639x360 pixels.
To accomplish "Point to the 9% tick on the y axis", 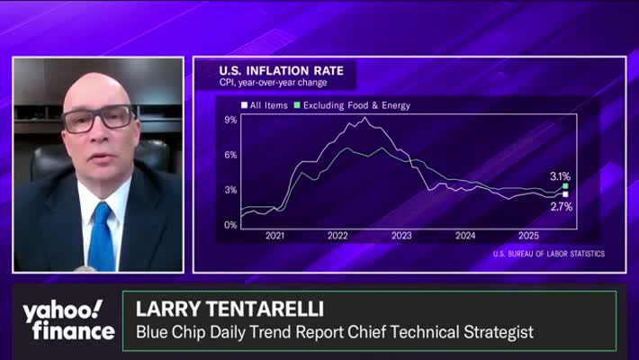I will click(x=230, y=119).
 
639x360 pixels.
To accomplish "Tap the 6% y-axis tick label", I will click(x=230, y=155).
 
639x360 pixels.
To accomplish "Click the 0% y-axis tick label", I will click(x=230, y=225).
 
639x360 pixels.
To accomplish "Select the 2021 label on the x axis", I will click(x=274, y=236).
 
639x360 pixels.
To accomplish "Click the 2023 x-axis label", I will click(x=401, y=236).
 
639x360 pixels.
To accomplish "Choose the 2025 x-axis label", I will click(x=527, y=236).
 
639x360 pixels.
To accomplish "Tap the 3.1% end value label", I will click(x=560, y=176).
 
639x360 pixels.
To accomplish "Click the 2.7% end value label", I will click(x=561, y=207).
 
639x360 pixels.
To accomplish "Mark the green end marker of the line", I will click(x=565, y=186).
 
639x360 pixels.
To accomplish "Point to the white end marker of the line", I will click(x=565, y=193).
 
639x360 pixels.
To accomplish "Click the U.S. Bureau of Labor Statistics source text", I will click(x=548, y=254).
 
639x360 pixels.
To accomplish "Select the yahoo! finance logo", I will click(x=68, y=320).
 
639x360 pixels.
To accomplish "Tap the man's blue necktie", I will click(x=100, y=236).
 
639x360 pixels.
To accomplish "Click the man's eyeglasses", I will click(x=99, y=118).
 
